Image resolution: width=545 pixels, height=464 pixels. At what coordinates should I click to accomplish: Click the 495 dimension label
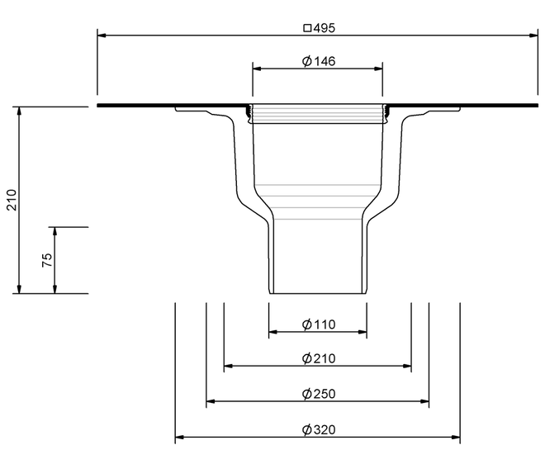[x=325, y=28]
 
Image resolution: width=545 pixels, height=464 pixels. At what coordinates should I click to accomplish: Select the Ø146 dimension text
[x=319, y=61]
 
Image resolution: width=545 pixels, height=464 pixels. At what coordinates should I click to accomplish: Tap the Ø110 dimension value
[x=319, y=324]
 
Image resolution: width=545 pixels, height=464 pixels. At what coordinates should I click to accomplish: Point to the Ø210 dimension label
[x=319, y=358]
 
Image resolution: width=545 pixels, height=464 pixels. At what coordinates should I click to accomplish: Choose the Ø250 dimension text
[x=319, y=394]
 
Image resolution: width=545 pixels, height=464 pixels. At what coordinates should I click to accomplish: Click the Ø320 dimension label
[x=319, y=429]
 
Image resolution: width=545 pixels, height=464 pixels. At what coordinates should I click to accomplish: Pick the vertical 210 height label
[x=12, y=200]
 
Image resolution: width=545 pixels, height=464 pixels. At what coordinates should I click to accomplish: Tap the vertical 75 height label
[x=47, y=260]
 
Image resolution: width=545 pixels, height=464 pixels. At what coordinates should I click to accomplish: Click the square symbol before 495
[x=307, y=28]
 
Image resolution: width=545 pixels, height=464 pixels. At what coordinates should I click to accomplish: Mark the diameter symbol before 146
[x=307, y=62]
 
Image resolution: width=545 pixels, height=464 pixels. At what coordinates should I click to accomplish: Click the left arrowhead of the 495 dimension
[x=102, y=36]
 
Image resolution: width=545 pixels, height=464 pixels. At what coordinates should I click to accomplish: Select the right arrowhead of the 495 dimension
[x=533, y=36]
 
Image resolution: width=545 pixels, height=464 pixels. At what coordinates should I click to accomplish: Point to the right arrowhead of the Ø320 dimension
[x=455, y=437]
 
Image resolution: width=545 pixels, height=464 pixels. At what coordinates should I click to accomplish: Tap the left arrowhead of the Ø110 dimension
[x=273, y=332]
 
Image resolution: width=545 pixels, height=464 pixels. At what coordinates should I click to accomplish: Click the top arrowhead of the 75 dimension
[x=54, y=232]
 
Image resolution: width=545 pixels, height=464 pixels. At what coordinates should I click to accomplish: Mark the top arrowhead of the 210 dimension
[x=19, y=111]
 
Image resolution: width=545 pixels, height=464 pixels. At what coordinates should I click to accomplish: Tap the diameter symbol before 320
[x=307, y=430]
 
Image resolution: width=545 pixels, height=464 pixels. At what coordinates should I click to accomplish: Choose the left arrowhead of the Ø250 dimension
[x=211, y=401]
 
